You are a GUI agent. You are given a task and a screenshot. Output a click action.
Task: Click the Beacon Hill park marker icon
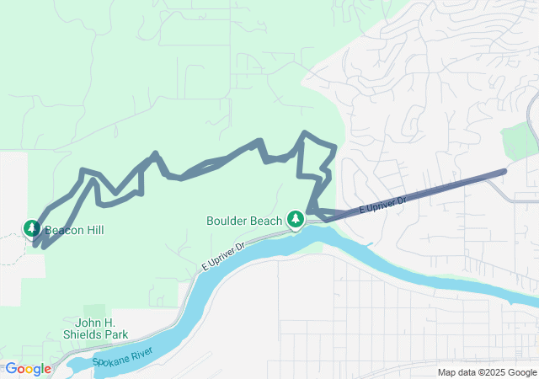tap(31, 228)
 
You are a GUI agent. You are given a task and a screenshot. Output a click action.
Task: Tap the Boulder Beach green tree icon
tap(296, 220)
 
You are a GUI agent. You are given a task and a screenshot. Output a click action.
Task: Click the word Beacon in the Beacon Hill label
tap(64, 229)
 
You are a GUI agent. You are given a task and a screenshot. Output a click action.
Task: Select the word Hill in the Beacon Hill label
tap(94, 229)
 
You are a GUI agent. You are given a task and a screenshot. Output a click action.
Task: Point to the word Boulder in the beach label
tap(227, 222)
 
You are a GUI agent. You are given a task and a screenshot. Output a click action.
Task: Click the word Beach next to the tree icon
tap(267, 222)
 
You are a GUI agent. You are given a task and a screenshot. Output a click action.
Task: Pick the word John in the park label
tap(89, 323)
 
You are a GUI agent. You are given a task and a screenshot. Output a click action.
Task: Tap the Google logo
tap(28, 369)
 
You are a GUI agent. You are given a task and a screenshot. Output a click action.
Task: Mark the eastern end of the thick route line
tap(504, 172)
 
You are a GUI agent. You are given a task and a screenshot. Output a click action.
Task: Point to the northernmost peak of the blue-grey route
tap(307, 133)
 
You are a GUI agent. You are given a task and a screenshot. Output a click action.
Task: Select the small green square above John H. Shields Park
tap(94, 310)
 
